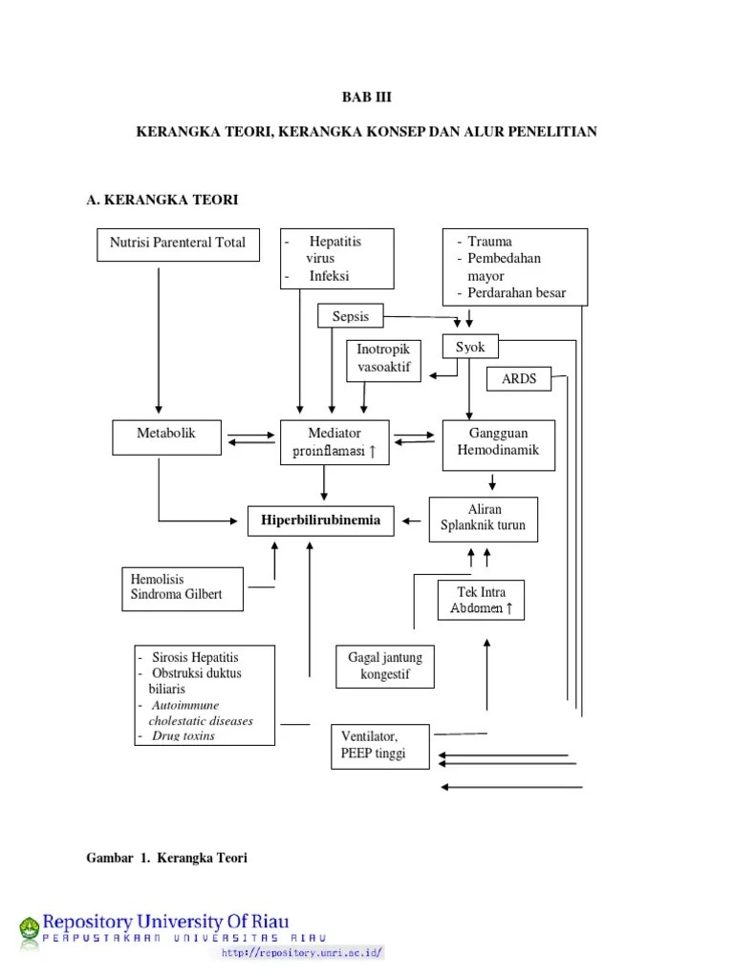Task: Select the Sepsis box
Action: click(350, 316)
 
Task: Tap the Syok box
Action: click(470, 348)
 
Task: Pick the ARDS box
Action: click(519, 379)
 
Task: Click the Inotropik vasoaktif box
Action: click(383, 359)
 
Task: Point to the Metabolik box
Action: click(166, 436)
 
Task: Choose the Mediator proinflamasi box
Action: click(335, 442)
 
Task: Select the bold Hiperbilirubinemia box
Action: click(321, 521)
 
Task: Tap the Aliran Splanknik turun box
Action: click(483, 519)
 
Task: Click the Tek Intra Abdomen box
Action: click(481, 600)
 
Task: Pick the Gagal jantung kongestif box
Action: click(384, 667)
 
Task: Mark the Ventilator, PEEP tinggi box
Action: click(378, 745)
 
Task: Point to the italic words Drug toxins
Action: click(183, 735)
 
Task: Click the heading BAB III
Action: click(366, 98)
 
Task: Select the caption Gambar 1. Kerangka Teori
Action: click(167, 858)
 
